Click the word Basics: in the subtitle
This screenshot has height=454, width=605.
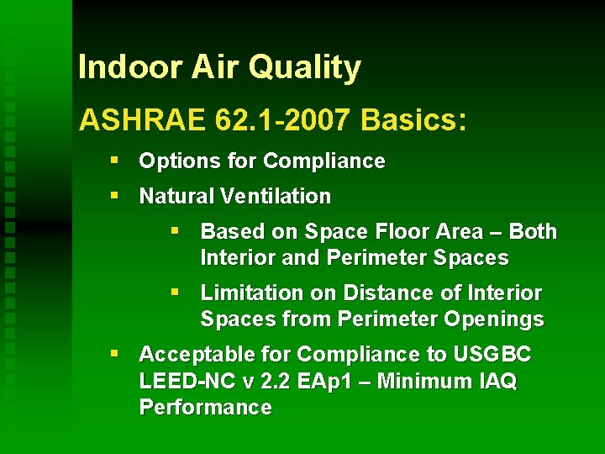[x=413, y=120]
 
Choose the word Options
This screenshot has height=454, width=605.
[x=172, y=161]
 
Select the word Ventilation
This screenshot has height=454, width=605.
[x=276, y=197]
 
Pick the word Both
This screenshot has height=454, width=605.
[x=533, y=232]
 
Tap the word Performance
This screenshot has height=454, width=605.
[x=205, y=409]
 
